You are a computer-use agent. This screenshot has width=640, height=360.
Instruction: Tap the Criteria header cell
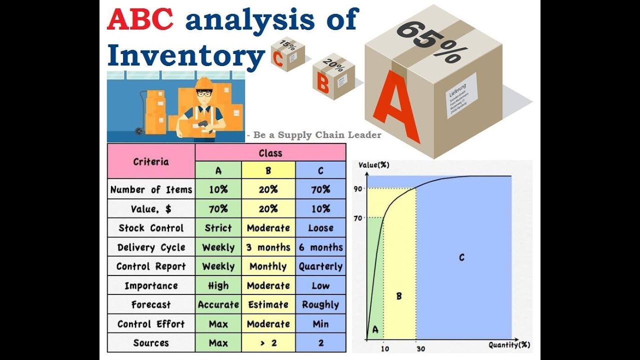click(151, 161)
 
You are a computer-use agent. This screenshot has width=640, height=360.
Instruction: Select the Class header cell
click(270, 153)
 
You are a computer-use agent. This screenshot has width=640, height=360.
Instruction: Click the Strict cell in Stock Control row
click(218, 228)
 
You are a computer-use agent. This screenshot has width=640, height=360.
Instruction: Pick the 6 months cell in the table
click(320, 247)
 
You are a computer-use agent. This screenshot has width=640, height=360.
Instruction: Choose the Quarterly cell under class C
click(320, 266)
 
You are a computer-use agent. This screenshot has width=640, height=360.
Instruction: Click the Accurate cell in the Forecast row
click(218, 304)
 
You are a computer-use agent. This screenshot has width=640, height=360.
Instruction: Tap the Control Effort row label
click(151, 324)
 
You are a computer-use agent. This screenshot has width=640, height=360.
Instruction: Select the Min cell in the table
click(320, 324)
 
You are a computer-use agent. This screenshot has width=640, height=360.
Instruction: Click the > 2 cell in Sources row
click(268, 343)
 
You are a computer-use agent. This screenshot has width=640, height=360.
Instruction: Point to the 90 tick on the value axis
click(358, 188)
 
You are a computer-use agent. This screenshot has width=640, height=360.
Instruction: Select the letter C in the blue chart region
click(461, 257)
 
